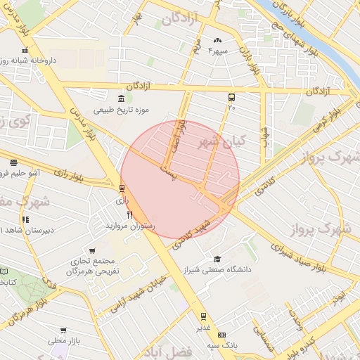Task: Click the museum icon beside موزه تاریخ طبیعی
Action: coord(122,97)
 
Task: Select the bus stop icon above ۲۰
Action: coord(231,98)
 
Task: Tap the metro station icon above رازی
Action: coord(122,188)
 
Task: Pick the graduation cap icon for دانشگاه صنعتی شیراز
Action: coord(217,259)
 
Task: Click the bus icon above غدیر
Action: coord(203,316)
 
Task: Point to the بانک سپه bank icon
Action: coord(222,335)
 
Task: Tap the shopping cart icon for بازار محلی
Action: coord(63,330)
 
